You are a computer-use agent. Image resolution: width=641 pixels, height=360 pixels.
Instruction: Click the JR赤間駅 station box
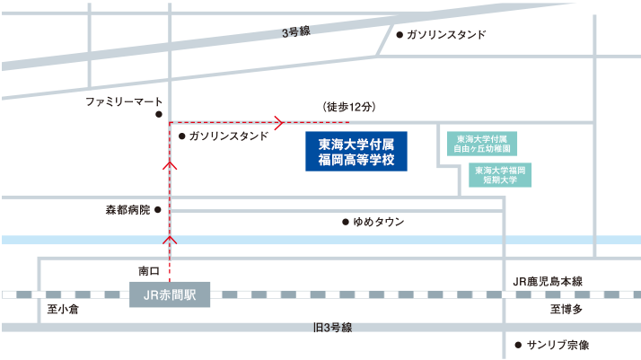tap(169, 294)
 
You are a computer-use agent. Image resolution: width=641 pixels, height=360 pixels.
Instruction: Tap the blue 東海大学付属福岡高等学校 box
tap(356, 152)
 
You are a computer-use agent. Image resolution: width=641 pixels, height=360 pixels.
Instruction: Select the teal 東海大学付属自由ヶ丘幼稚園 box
tap(482, 145)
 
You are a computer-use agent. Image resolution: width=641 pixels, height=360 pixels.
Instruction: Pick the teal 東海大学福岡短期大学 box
tap(500, 174)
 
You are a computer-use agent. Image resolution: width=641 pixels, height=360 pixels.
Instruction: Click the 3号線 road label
tap(295, 32)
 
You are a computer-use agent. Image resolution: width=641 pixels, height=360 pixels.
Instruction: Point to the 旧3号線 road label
tap(333, 327)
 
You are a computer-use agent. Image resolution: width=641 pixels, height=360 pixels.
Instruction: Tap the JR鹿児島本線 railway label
tap(547, 282)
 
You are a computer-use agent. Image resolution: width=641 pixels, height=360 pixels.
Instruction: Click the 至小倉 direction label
tap(64, 310)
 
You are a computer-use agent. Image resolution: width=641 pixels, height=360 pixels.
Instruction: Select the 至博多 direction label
tap(566, 310)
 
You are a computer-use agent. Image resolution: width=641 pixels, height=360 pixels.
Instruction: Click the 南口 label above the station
tap(148, 270)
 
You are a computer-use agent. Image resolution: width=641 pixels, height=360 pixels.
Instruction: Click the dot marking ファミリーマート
tap(158, 115)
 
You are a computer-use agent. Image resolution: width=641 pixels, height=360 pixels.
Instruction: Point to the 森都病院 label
tap(127, 210)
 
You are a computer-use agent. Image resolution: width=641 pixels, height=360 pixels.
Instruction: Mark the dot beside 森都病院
tap(158, 210)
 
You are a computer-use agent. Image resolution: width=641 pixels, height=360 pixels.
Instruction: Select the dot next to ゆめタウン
tap(345, 222)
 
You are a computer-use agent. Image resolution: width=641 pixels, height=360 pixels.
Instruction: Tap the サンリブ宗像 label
tap(558, 345)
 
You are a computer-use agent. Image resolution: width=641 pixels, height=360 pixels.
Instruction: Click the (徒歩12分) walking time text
tap(347, 107)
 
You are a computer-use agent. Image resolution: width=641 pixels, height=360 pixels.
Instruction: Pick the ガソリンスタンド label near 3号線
tap(446, 35)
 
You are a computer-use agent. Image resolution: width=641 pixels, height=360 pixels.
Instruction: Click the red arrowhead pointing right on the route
tap(280, 121)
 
